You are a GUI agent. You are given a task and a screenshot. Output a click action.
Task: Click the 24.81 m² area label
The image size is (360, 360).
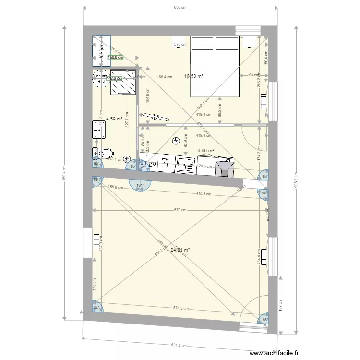(180, 250)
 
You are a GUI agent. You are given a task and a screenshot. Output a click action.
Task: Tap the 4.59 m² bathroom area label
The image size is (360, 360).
(113, 118)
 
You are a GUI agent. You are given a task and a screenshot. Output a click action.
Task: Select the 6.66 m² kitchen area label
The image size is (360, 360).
(205, 150)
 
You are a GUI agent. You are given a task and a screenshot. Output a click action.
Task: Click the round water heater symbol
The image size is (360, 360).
(100, 78)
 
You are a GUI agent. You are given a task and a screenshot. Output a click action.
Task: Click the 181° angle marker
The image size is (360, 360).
(140, 186)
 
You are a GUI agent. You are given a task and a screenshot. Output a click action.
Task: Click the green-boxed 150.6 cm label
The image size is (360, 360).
(115, 57)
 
